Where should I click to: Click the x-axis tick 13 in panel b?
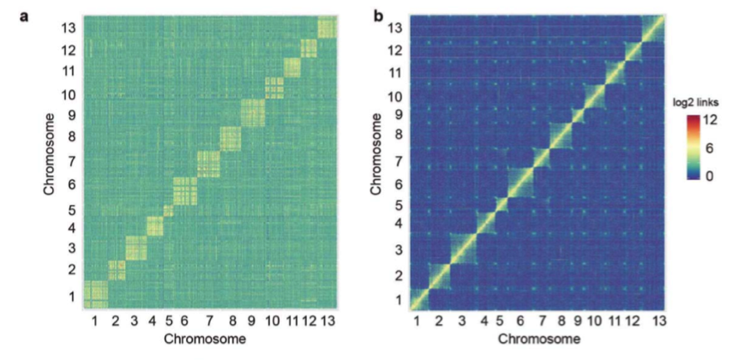tap(658, 321)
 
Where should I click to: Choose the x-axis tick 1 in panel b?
tap(417, 321)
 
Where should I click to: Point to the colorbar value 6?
tap(710, 148)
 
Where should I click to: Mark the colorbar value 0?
tap(710, 177)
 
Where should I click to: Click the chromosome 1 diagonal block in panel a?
tap(95, 293)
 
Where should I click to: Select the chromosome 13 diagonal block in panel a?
tap(327, 28)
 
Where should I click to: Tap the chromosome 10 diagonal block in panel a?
tap(273, 88)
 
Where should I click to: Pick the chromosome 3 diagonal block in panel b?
tap(463, 249)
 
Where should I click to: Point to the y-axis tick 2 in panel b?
tap(397, 275)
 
